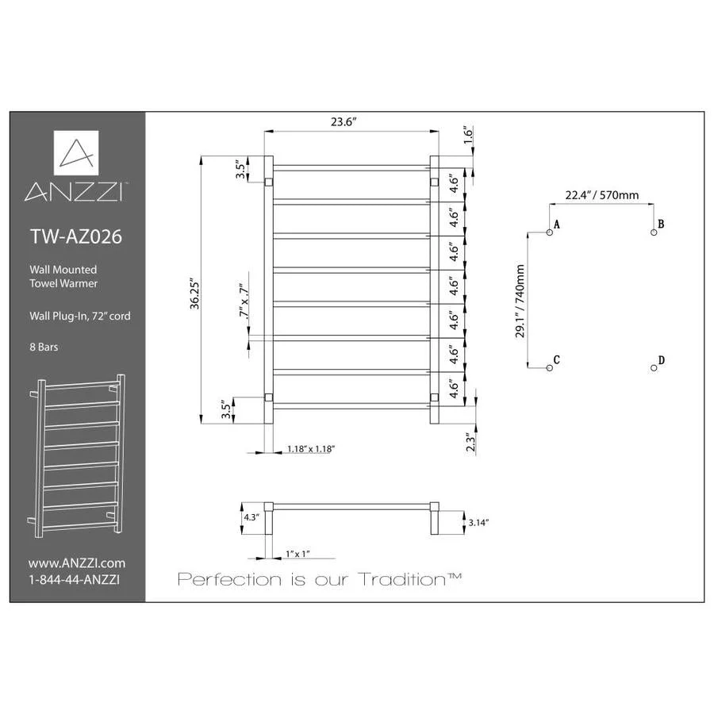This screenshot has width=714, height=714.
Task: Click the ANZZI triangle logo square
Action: [x=76, y=152]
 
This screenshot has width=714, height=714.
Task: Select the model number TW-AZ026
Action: [x=76, y=236]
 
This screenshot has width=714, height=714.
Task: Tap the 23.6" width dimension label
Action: [x=344, y=122]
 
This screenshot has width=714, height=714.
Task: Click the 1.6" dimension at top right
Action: [x=469, y=135]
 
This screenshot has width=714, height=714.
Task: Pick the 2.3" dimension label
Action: [x=470, y=442]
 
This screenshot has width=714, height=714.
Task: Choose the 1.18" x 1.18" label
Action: [x=311, y=449]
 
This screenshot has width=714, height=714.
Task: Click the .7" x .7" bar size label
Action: [x=244, y=302]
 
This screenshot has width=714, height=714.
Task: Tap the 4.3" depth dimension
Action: [x=251, y=517]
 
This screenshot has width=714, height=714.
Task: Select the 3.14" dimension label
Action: [x=478, y=523]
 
